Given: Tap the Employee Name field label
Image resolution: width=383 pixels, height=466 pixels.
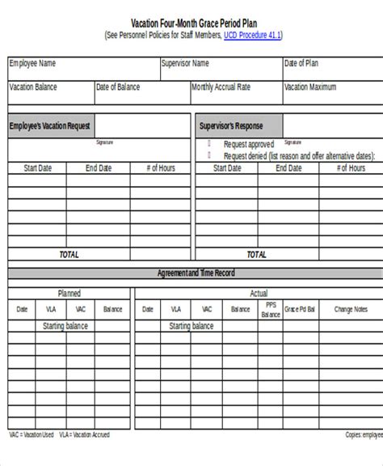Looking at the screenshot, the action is tap(33, 62).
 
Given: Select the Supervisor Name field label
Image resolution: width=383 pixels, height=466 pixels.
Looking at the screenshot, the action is tap(185, 62).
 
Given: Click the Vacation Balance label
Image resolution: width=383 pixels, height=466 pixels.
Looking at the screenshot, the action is tap(35, 87).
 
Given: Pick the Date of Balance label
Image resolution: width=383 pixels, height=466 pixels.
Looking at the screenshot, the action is tap(118, 87).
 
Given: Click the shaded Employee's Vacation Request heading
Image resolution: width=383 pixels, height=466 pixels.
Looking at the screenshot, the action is tap(49, 126).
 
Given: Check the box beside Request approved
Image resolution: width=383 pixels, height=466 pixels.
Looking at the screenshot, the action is tap(208, 143).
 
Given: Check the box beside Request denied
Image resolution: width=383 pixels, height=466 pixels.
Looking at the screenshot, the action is tap(208, 154).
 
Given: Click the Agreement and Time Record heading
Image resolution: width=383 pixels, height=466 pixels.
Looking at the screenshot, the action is tap(196, 273).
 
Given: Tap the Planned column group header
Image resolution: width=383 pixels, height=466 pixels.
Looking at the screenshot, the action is tap(69, 293).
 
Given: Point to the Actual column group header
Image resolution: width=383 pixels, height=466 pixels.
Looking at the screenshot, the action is tap(259, 293).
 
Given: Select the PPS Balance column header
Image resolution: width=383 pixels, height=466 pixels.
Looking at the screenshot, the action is tap(271, 310).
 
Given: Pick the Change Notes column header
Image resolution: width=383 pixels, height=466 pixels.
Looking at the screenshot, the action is tap(350, 309).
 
